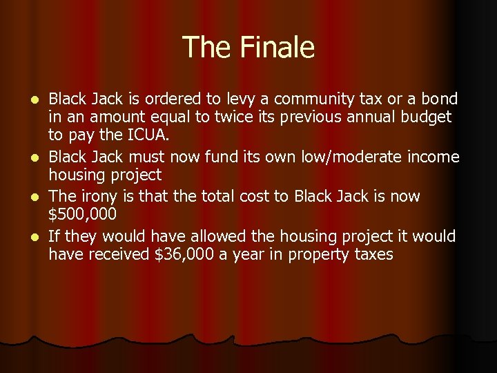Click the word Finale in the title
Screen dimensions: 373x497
[x=278, y=48]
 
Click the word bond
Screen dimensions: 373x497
[x=439, y=99]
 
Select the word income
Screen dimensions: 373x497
[x=433, y=157]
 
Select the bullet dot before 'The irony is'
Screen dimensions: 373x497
[x=39, y=197]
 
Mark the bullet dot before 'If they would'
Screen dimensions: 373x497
[x=39, y=237]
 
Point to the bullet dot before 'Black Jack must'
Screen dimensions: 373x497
[x=39, y=158]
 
